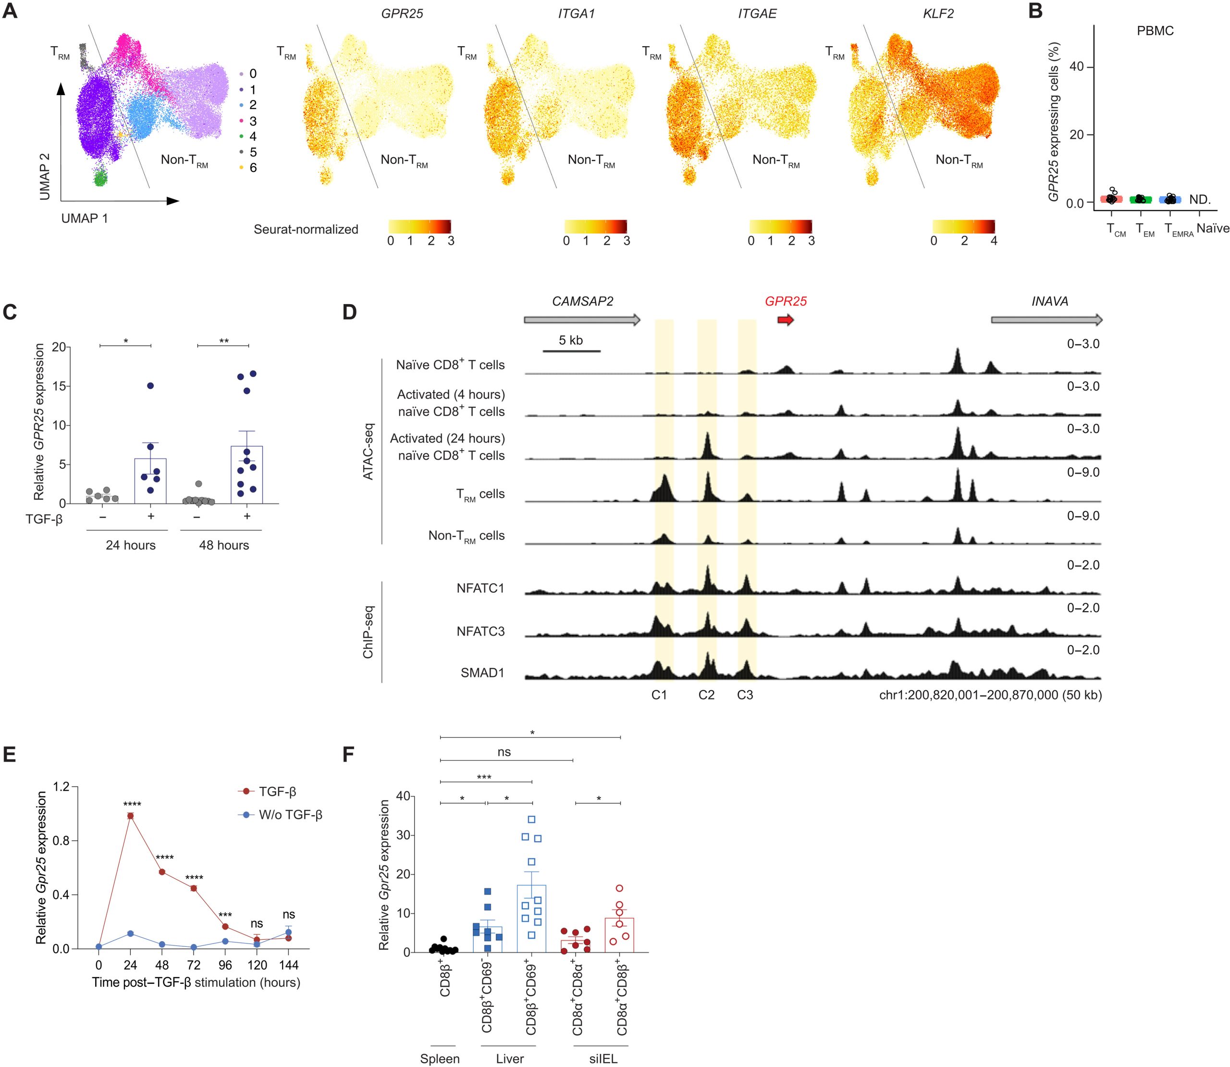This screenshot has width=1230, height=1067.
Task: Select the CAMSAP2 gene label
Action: pos(582,301)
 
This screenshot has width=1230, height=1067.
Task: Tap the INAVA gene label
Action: pos(1050,301)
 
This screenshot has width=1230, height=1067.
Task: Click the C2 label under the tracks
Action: pos(707,695)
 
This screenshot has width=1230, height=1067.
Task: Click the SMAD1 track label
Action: pos(482,673)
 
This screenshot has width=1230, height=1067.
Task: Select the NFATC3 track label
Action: pos(480,631)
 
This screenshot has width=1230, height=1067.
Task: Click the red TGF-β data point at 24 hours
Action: pos(130,816)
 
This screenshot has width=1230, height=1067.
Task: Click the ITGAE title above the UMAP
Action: pos(757,13)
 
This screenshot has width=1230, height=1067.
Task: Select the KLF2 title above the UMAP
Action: pos(938,13)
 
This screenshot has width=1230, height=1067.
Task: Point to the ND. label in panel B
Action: pos(1200,200)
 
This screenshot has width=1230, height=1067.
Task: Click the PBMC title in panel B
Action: pos(1155,31)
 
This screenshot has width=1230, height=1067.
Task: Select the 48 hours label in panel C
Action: pos(224,545)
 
